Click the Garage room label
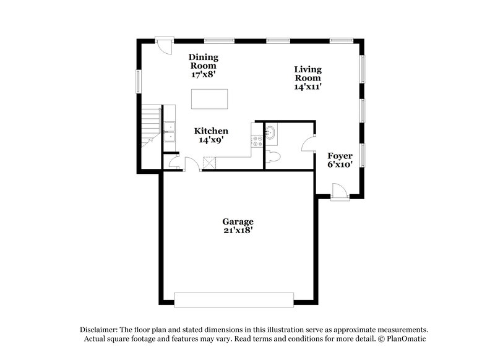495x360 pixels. coord(238,221)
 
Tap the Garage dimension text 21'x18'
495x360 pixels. coord(238,230)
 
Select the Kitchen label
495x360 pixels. coord(212,131)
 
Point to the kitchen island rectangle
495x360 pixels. coord(209,99)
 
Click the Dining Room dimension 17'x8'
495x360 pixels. coord(204,74)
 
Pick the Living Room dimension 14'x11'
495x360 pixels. coord(308,87)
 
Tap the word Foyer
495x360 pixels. coord(340,156)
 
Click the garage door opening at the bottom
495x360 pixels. coord(234,299)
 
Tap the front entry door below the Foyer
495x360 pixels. coord(338,191)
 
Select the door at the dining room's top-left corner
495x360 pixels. coord(163,46)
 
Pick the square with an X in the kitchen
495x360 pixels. coord(210,162)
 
